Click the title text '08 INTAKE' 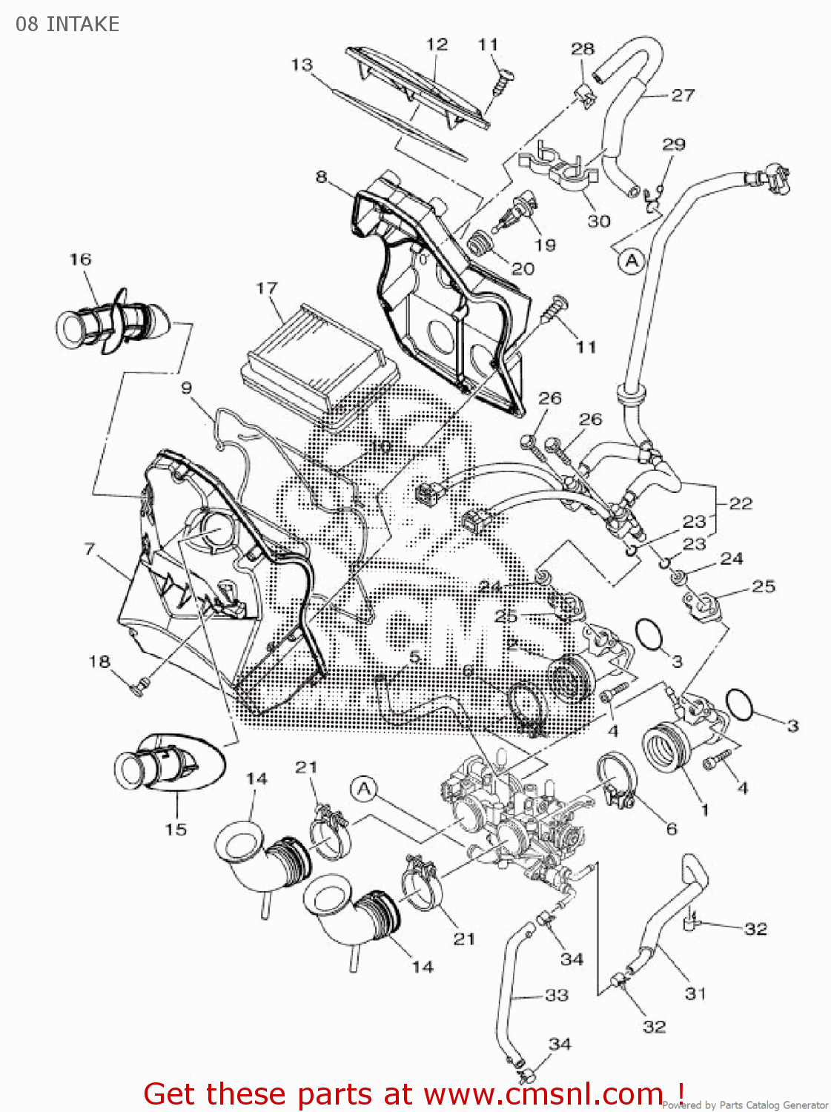tap(67, 24)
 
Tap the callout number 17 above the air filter tap(267, 288)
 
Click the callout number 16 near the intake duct tap(80, 259)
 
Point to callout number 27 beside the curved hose tap(683, 95)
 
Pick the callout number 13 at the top tap(302, 65)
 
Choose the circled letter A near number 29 tap(632, 261)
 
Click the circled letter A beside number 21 tap(364, 789)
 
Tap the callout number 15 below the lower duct tap(176, 830)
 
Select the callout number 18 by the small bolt tap(99, 661)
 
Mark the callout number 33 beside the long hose tap(556, 995)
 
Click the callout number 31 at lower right tap(695, 993)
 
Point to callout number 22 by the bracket tap(741, 504)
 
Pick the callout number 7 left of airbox tap(90, 549)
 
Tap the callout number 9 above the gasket tap(186, 388)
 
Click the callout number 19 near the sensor tap(545, 245)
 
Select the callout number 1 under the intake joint tap(704, 810)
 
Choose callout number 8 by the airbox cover tap(321, 176)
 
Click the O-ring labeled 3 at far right tap(740, 704)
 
